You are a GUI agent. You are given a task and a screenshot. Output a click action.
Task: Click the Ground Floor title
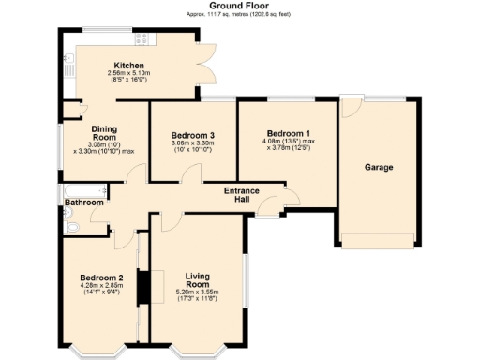click(x=240, y=6)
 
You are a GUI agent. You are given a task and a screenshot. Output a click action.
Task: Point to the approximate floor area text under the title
click(x=240, y=15)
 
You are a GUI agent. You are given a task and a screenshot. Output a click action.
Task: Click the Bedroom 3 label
click(x=193, y=136)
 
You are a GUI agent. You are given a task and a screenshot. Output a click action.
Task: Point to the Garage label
click(x=379, y=167)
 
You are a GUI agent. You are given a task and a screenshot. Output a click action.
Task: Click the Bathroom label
click(x=83, y=202)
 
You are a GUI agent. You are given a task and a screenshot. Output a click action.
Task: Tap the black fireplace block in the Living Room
click(x=143, y=287)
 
